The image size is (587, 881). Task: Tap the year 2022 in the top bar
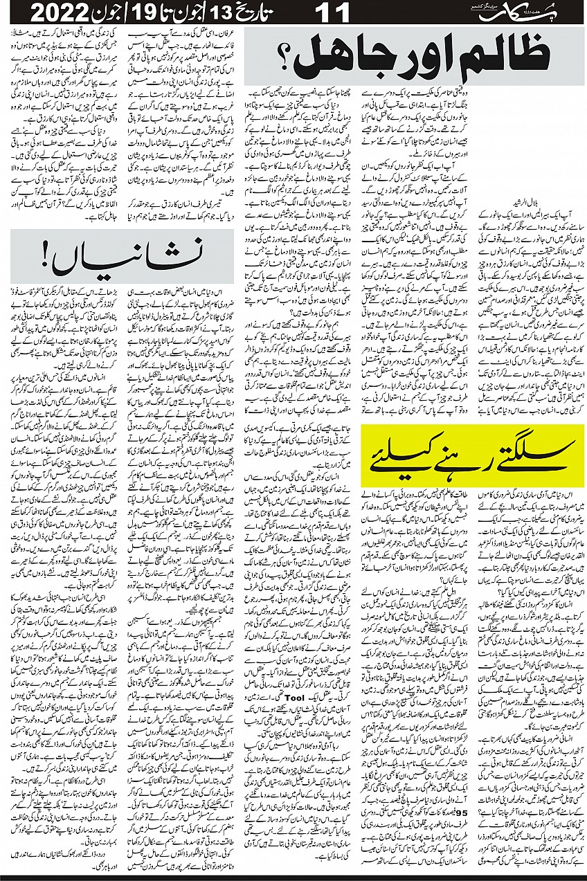pos(46,12)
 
